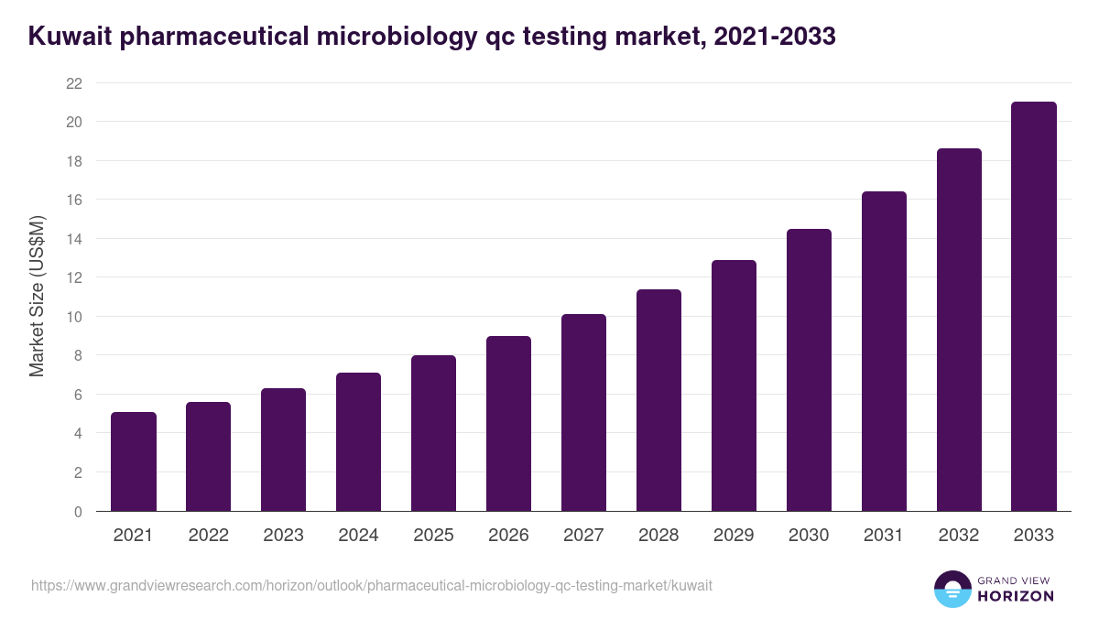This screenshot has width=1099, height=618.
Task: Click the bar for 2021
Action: coord(134,461)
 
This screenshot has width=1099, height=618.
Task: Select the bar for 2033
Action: coord(1034,307)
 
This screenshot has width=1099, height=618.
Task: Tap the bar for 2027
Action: coord(583,413)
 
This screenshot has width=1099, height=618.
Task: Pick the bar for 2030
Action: coord(809,370)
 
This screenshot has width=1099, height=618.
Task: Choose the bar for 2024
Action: coord(358,442)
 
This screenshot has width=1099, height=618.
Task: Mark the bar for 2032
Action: coord(959,330)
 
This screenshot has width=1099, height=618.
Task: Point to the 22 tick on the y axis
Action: coord(74,83)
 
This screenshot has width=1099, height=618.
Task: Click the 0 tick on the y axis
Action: coord(78,512)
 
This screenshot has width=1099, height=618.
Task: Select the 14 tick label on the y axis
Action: coord(74,239)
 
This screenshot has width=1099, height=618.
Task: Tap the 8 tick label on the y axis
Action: coord(78,355)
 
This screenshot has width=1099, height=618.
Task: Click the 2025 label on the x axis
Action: coord(433,536)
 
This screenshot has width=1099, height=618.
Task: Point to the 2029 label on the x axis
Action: coord(734,536)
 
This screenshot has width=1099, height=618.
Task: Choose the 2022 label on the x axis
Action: coord(208,536)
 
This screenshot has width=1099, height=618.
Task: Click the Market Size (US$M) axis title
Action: coord(37,297)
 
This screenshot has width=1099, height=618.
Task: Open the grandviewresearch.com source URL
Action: coord(371,585)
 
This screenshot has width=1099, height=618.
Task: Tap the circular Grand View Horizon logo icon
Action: coord(952,589)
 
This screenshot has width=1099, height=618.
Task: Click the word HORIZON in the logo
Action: coord(1016,596)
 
